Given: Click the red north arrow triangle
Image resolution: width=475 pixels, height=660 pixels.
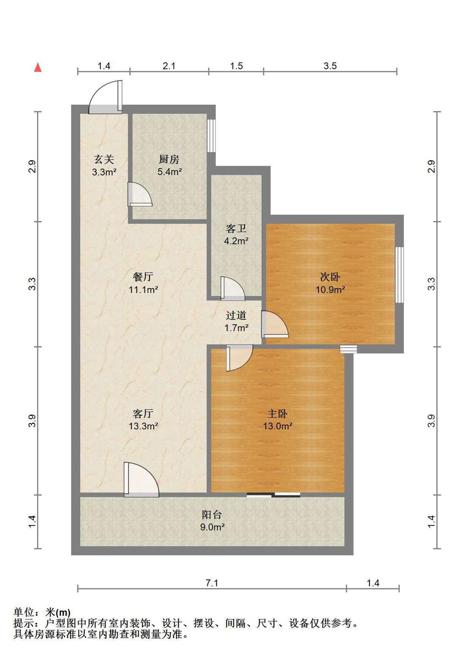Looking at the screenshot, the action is (38, 67).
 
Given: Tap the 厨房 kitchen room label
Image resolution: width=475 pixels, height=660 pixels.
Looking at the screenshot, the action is (169, 159).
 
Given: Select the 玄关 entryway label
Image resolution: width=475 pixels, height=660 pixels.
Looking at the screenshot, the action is (104, 159).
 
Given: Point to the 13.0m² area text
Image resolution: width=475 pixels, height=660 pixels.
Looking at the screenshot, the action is (278, 426).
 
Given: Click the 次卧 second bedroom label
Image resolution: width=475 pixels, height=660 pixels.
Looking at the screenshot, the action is (330, 277).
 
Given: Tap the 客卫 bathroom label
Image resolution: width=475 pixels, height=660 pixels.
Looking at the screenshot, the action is (236, 228).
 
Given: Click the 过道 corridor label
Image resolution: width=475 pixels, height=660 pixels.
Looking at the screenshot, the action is (236, 315).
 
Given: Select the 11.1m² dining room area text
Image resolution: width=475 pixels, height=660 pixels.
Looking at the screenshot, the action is (143, 289).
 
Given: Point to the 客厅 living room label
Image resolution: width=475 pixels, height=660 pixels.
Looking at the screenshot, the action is (143, 414).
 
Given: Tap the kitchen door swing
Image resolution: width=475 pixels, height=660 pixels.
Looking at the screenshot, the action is (140, 194).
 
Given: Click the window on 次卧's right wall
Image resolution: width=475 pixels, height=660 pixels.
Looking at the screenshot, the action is (399, 275).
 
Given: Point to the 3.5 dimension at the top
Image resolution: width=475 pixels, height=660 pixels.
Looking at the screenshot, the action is (330, 66).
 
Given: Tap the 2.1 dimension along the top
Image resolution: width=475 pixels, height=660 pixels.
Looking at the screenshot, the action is (169, 66).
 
